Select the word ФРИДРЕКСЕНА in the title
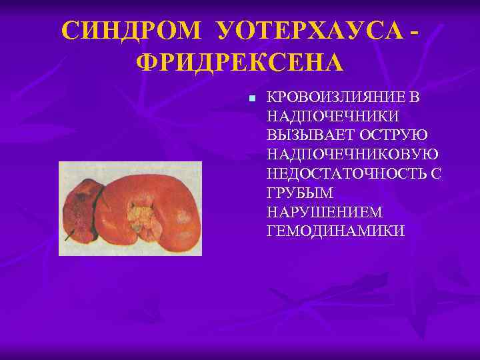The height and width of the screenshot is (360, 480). click(x=240, y=63)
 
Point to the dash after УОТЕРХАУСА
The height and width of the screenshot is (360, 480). click(x=417, y=31)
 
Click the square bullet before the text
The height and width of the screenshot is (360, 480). click(x=251, y=98)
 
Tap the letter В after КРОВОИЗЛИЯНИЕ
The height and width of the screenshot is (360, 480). click(x=415, y=97)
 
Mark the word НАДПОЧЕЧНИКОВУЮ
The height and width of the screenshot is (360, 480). click(x=352, y=155)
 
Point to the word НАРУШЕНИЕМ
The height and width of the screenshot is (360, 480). click(x=324, y=212)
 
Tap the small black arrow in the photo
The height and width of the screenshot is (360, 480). click(x=69, y=235)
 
